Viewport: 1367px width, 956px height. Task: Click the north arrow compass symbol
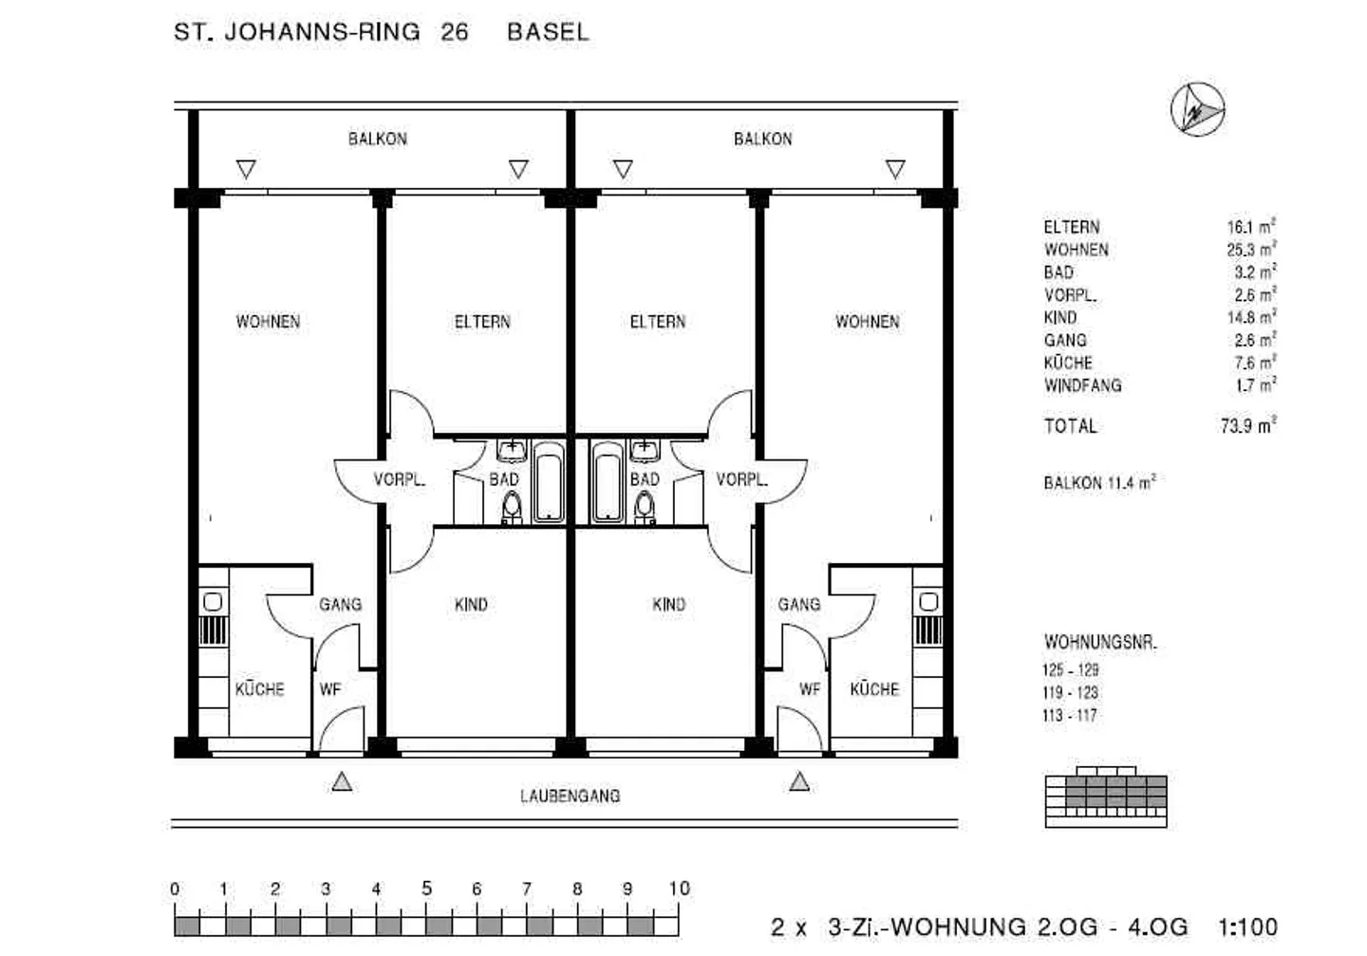click(x=1197, y=109)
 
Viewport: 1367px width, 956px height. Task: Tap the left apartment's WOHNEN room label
click(x=268, y=322)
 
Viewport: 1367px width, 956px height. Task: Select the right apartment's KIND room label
click(x=668, y=604)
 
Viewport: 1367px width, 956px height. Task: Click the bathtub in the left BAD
click(x=548, y=481)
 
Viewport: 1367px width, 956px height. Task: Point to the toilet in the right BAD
click(x=645, y=507)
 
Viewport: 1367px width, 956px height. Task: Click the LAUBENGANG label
click(x=570, y=796)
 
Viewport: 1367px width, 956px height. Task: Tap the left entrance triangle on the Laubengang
click(x=342, y=781)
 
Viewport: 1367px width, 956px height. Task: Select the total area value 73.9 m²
click(x=1247, y=425)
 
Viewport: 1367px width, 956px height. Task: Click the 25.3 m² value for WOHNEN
click(x=1250, y=250)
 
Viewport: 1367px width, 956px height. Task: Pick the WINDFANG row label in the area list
click(x=1082, y=385)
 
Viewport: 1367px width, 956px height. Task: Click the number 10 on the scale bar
click(x=679, y=889)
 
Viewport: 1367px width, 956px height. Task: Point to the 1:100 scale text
click(x=1247, y=927)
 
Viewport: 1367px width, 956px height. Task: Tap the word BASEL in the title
click(x=548, y=31)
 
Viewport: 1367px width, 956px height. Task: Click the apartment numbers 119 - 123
click(x=1070, y=692)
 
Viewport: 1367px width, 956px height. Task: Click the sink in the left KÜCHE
click(x=213, y=602)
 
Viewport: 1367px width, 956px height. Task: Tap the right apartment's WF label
click(x=809, y=689)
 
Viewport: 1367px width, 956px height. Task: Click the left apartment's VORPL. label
click(x=399, y=479)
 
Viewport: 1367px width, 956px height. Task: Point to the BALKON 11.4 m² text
click(x=1099, y=482)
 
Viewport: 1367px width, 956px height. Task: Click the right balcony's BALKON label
click(x=762, y=139)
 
